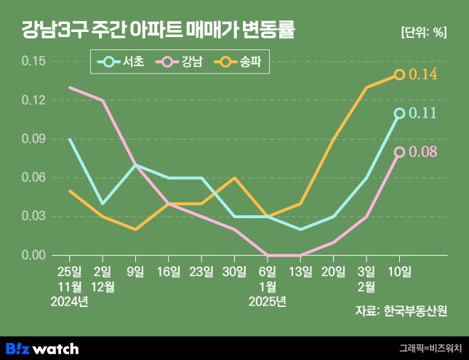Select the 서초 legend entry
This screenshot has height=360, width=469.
[124, 63]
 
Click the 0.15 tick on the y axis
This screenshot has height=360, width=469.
[33, 61]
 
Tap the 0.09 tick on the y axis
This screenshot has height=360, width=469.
[33, 139]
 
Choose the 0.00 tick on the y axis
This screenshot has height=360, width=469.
[33, 255]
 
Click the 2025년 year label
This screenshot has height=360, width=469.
[268, 300]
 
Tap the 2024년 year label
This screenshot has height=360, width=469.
[70, 300]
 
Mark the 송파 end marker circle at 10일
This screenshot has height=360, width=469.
[399, 74]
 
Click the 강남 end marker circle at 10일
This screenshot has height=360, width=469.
[399, 151]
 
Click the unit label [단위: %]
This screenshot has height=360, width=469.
[424, 31]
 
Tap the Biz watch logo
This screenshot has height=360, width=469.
[41, 348]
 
